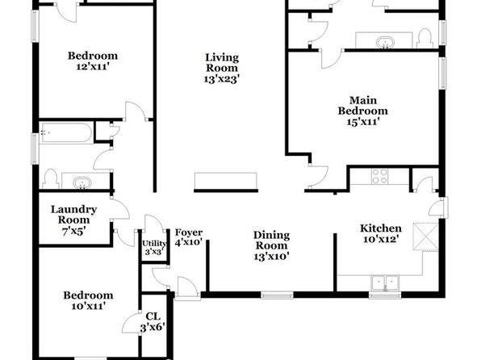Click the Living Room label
coord(221,68)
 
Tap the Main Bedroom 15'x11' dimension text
coord(363,122)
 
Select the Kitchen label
coord(381,228)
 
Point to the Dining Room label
coord(271,241)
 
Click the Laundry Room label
coord(73,215)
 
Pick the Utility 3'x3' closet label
coord(154,248)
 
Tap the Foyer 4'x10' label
coord(189,237)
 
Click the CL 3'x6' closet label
coord(153,322)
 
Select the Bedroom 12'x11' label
coord(93,61)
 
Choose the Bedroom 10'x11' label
coord(88,300)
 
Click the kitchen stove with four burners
coord(379,176)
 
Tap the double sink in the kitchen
coord(385,283)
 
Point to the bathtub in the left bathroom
coord(67,132)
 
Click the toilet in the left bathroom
coord(51,179)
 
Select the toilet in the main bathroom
coord(425,39)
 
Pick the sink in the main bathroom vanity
coord(384,42)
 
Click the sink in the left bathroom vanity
coord(82,183)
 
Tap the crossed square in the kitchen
coord(425,237)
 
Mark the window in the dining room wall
coord(277,295)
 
